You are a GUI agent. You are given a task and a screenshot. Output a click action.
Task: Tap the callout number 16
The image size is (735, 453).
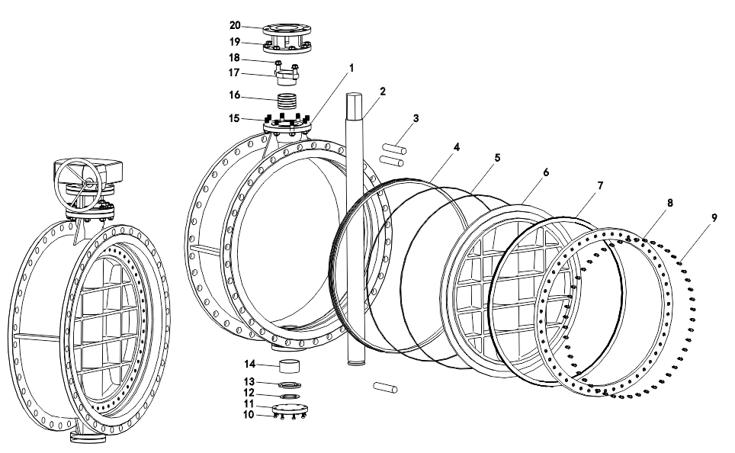click(x=236, y=95)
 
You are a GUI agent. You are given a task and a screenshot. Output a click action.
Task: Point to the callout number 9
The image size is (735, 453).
click(x=714, y=217)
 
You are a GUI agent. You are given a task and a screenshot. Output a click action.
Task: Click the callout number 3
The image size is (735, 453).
click(x=416, y=118)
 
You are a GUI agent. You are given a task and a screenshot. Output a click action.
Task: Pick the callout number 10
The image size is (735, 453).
click(x=249, y=415)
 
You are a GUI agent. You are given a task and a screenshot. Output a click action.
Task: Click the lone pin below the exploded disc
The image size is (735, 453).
click(x=387, y=388)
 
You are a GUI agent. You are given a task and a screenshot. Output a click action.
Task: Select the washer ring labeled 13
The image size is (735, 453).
click(x=287, y=383)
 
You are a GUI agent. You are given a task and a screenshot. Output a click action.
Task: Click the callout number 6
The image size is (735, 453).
click(x=545, y=173)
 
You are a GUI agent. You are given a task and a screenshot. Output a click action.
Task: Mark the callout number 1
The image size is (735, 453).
click(x=351, y=67)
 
